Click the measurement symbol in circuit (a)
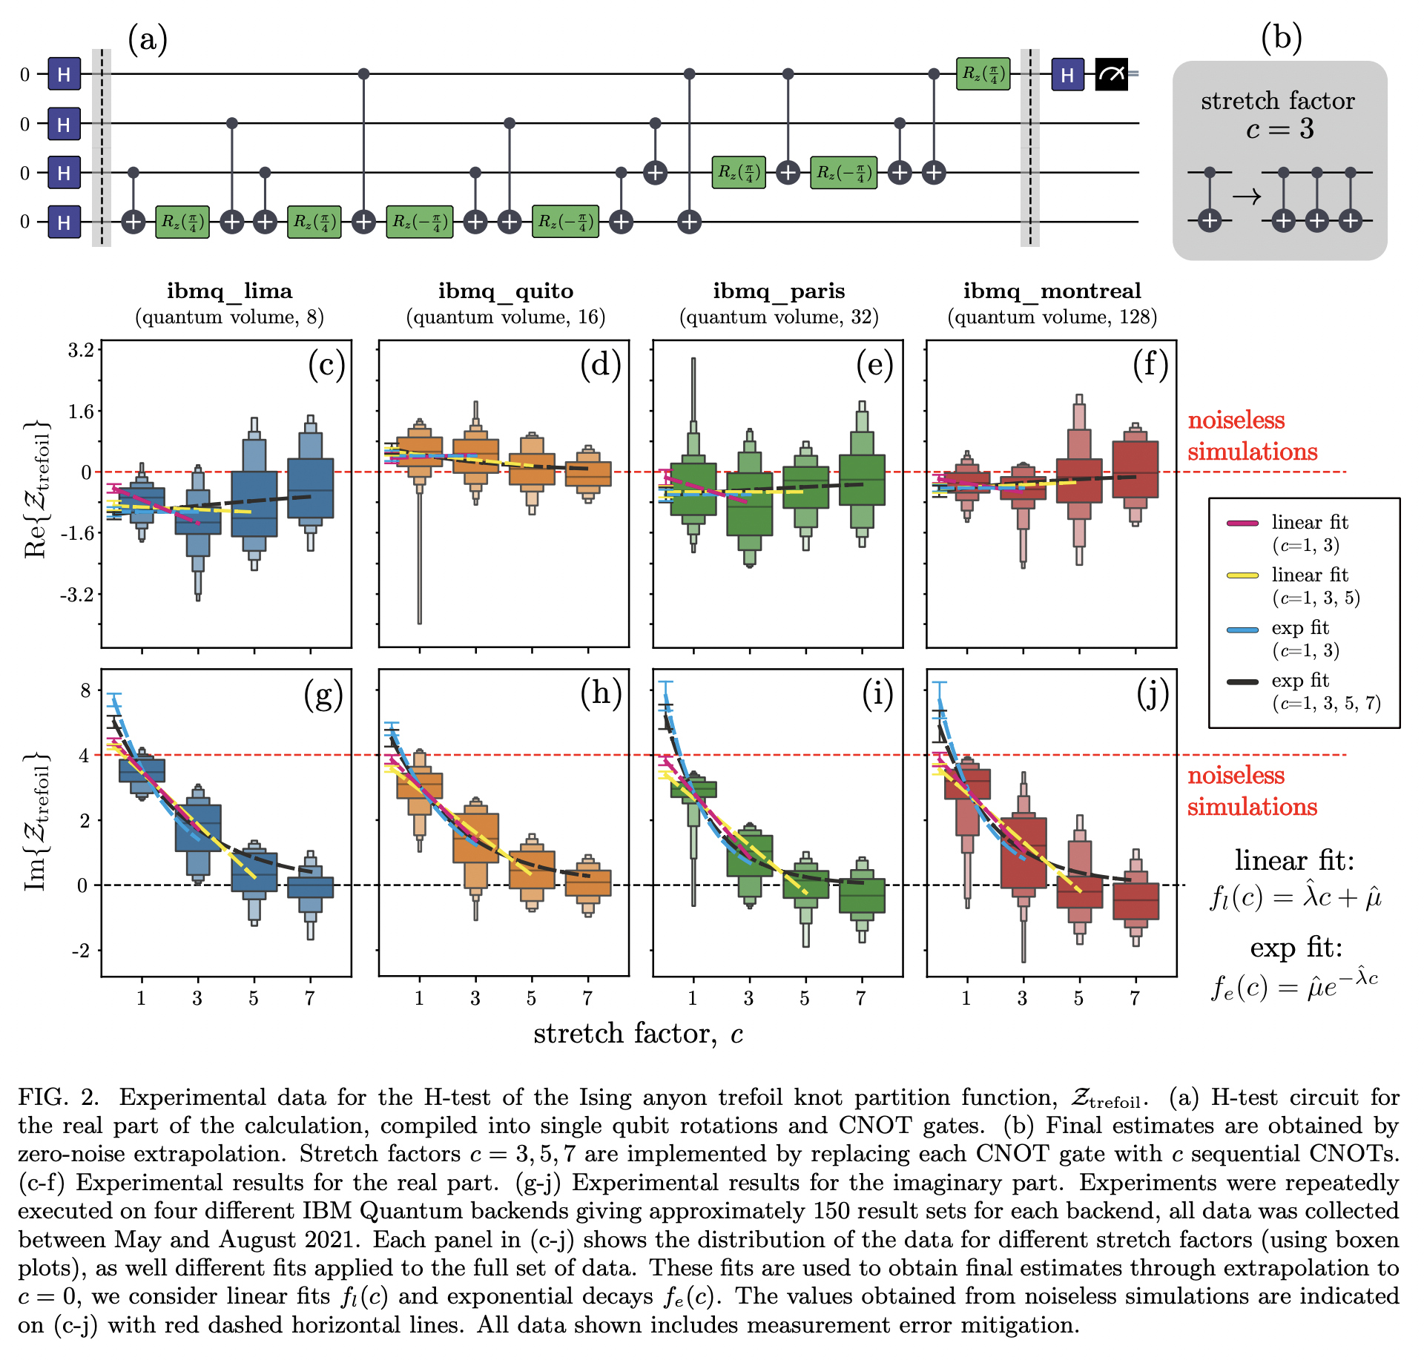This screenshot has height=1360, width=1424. coord(1111,74)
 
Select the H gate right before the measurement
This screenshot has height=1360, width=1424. coord(1067,74)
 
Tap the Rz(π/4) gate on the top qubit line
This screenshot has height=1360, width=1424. coord(983,73)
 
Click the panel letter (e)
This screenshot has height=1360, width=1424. coord(875,366)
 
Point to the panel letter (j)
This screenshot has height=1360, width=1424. coord(1153,695)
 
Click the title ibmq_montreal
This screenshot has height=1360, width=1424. coord(1052,291)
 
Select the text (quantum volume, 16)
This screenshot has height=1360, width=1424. coord(505,317)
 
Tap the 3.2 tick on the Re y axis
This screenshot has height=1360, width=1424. coord(81,350)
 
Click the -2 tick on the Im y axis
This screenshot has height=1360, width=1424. coord(81,951)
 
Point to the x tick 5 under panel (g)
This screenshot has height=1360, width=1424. coord(254,998)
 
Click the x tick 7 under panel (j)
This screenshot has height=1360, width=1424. coord(1135,998)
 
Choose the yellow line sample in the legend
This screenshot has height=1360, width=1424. coord(1242,575)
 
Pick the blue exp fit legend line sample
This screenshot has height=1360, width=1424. coord(1242,630)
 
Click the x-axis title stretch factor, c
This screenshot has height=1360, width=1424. coord(638,1033)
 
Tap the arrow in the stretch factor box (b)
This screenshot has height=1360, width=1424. coord(1247,197)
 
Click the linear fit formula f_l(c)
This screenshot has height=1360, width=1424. coord(1296,897)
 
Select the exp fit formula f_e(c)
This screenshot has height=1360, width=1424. coord(1294,986)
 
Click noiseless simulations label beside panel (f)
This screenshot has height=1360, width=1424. coord(1252,436)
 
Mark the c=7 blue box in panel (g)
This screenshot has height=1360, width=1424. coord(310,887)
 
